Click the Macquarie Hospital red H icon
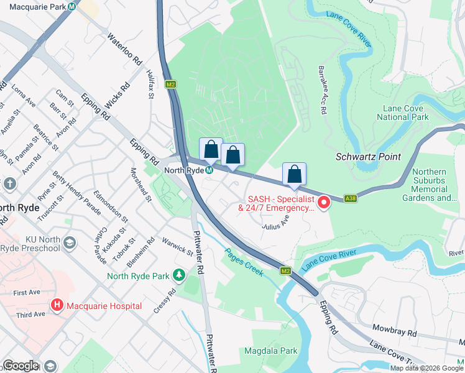pyautogui.click(x=57, y=306)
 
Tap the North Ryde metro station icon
pyautogui.click(x=210, y=170)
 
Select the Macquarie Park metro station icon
pyautogui.click(x=73, y=7)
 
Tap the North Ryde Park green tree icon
pyautogui.click(x=179, y=275)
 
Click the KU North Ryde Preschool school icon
pyautogui.click(x=70, y=242)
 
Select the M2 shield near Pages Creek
pyautogui.click(x=285, y=271)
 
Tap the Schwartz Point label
pyautogui.click(x=368, y=157)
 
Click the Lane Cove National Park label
pyautogui.click(x=403, y=113)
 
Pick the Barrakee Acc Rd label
pyautogui.click(x=323, y=90)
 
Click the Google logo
pyautogui.click(x=21, y=366)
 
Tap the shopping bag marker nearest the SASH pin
pyautogui.click(x=294, y=175)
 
